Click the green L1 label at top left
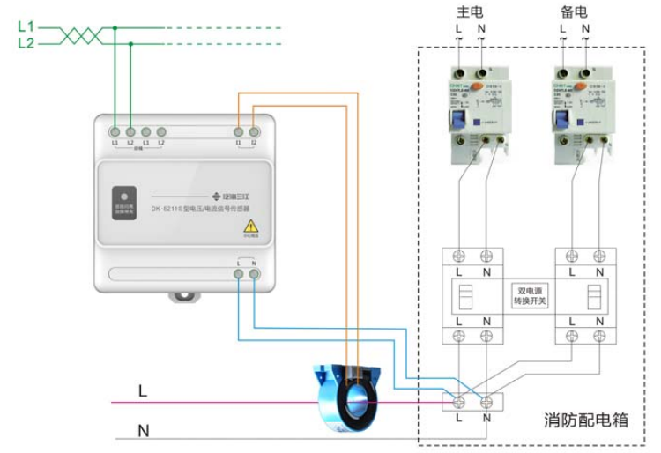click(26, 27)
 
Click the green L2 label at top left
click(26, 42)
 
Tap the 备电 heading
click(574, 13)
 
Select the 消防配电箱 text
click(585, 420)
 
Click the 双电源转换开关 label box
click(531, 294)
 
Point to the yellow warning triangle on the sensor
click(250, 226)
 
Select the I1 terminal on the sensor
click(239, 131)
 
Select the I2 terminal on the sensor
click(254, 131)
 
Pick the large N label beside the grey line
click(143, 431)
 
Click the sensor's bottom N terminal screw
click(254, 275)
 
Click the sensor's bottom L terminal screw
click(240, 275)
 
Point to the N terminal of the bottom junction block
click(486, 402)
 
